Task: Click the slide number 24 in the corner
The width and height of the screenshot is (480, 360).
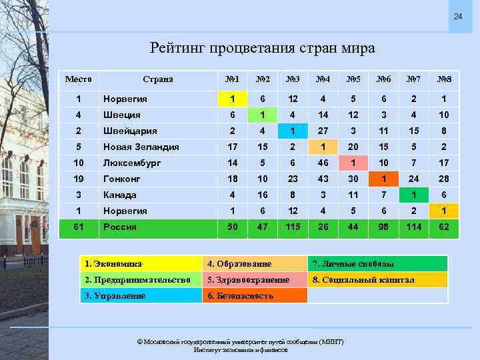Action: pos(457,16)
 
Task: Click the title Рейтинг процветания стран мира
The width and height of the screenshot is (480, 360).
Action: pos(263,49)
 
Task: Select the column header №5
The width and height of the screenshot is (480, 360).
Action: pos(354,79)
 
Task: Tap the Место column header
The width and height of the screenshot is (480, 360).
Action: pos(79,79)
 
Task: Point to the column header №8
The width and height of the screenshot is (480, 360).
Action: pos(444,79)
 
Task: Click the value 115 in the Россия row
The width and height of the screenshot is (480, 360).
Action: pos(293,227)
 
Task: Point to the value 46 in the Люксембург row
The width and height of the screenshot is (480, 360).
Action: pos(323,163)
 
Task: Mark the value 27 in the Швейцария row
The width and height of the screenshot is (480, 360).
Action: pos(323,131)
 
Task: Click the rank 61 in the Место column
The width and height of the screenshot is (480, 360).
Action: pos(79,227)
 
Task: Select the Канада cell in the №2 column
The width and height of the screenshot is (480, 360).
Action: pos(263,195)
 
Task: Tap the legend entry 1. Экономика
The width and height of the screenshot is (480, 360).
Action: pos(113,264)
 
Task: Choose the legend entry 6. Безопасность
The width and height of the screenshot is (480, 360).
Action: pos(241,295)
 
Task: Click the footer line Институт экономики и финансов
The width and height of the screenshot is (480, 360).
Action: pos(241,349)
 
